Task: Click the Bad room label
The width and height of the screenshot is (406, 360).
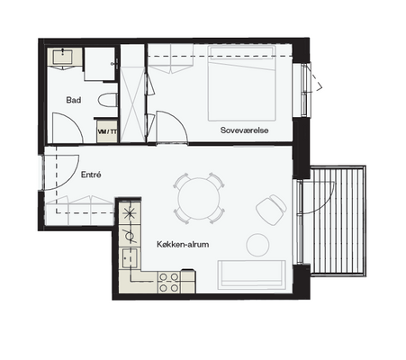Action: pos(74,100)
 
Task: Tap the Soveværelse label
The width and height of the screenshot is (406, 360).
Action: pos(244,130)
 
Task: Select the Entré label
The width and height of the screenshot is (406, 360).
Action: pos(91,175)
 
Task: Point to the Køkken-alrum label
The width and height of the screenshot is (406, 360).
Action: pos(183,244)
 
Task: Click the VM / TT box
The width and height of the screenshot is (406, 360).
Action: pos(107,131)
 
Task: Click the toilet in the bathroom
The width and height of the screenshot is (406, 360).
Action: pos(107,100)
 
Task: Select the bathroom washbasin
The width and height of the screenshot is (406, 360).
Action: pos(63,57)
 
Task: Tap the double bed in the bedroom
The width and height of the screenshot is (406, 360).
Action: pos(242,84)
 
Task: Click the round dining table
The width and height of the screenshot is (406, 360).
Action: pos(199,198)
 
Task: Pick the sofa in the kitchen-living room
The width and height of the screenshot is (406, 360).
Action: pos(251,275)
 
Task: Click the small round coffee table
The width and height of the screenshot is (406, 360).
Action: pos(257,245)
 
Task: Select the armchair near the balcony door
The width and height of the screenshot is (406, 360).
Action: pos(271,210)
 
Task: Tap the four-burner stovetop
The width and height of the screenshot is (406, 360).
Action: pos(169,283)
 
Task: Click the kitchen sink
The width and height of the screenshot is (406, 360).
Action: pos(130,258)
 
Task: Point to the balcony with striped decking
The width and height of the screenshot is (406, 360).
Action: pos(338,220)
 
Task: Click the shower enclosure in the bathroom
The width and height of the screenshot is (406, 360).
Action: pos(100,64)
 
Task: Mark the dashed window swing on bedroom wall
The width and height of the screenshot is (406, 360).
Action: pos(316,77)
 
